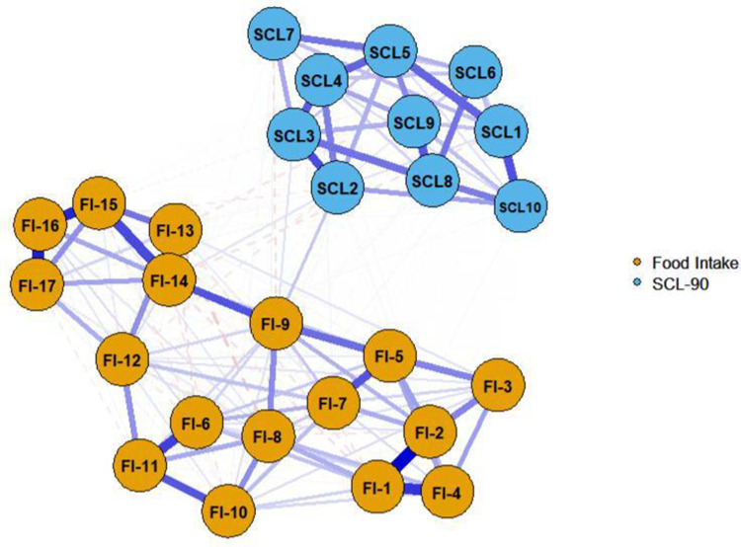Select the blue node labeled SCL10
520,205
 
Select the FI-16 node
41,225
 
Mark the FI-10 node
227,511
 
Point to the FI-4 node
448,489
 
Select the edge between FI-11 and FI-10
179,488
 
